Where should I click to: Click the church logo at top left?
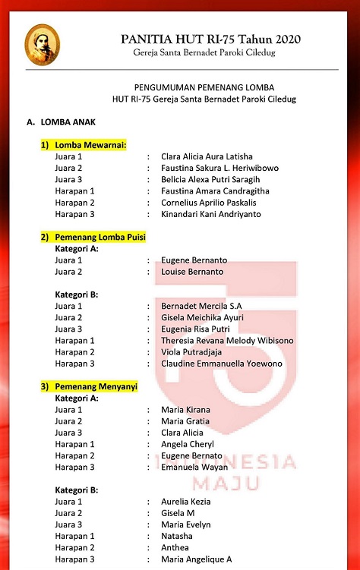[x=42, y=45]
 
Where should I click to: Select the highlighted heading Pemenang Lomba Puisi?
[x=93, y=237]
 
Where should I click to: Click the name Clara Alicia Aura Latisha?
[x=207, y=156]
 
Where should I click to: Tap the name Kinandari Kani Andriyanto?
[x=210, y=214]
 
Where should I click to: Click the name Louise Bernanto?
[x=192, y=271]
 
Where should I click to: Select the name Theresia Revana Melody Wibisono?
[x=227, y=341]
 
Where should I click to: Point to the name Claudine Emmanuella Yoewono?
[x=222, y=364]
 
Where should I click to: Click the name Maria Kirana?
[x=185, y=410]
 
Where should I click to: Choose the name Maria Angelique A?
[x=197, y=559]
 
